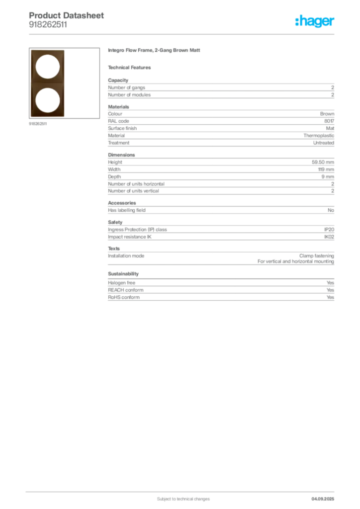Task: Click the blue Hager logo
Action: coord(315,21)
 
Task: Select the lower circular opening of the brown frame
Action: coord(48,99)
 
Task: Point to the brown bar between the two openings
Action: coord(48,83)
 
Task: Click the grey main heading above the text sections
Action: coord(155,52)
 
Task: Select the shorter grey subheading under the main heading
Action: coord(131,67)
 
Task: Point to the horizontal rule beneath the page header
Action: coord(183,34)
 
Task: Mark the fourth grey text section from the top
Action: coord(220,240)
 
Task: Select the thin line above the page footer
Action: coord(183,490)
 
